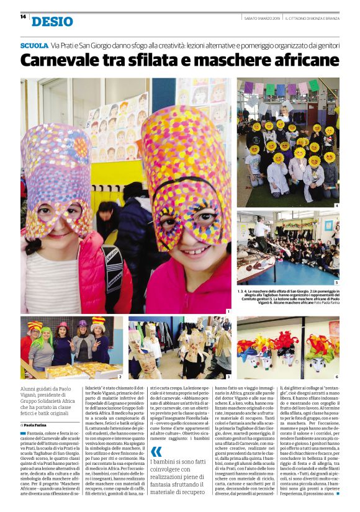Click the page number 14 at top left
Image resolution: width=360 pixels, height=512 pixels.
click(x=23, y=17)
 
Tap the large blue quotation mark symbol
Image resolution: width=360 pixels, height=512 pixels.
click(x=156, y=451)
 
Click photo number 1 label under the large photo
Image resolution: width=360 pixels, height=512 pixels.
click(x=228, y=312)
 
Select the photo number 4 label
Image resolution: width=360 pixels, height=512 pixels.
click(x=336, y=205)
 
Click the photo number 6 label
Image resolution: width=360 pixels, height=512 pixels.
click(x=336, y=377)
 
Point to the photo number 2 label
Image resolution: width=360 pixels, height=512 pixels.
click(x=120, y=377)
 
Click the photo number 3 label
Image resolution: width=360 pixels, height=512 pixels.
click(x=228, y=377)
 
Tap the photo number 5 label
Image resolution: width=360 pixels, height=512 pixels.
click(x=336, y=282)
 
